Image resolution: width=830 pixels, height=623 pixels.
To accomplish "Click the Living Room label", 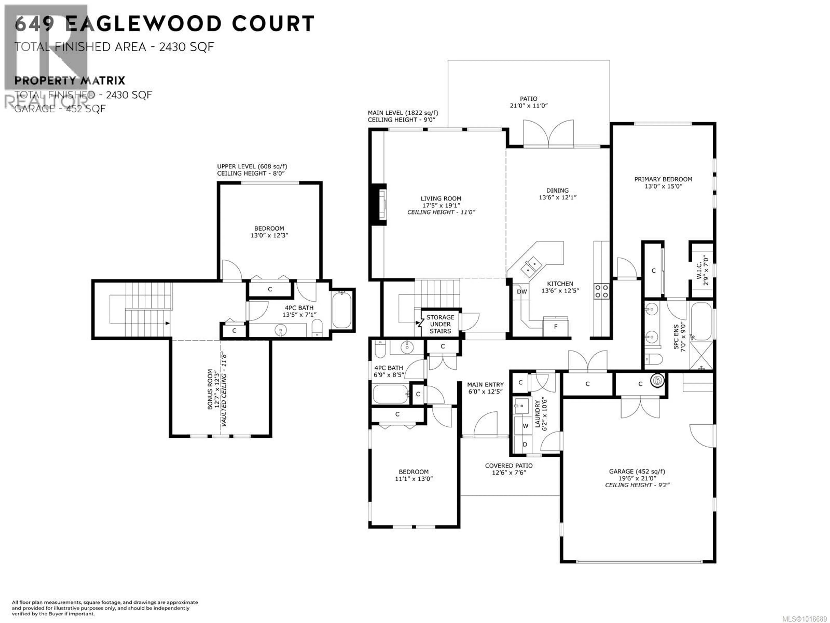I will point(441,199).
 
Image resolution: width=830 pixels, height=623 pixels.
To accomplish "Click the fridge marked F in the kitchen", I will point(556,327).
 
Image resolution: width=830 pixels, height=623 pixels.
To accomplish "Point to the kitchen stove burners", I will point(602,291).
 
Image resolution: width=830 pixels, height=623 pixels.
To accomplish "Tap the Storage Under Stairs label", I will point(440,324).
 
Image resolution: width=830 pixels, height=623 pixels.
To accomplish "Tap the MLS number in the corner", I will point(806,618).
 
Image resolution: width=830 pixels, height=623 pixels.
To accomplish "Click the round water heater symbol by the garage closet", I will point(657,381).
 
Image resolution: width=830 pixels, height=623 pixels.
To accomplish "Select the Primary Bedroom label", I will point(663,180).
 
